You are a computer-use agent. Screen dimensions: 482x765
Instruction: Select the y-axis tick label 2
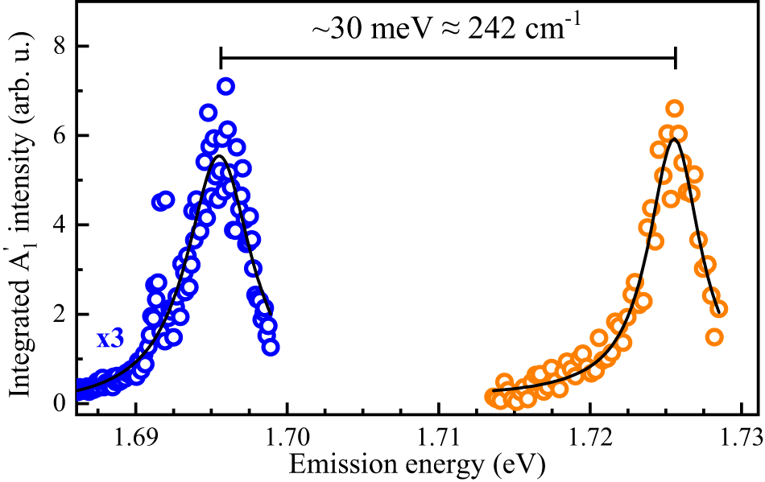[x=59, y=314]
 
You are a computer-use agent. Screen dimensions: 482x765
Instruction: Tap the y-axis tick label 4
[x=59, y=225]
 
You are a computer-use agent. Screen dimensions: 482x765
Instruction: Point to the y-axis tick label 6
[x=59, y=136]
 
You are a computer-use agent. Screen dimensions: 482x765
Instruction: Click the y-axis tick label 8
[x=59, y=47]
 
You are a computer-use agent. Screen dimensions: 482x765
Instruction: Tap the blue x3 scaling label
[x=110, y=339]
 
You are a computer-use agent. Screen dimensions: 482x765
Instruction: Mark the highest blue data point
[x=225, y=86]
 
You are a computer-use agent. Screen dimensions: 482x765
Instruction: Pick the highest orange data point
[x=675, y=109]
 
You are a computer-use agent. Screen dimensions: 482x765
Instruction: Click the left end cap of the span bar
[x=221, y=59]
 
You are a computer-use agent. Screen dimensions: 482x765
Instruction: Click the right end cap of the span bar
[x=675, y=59]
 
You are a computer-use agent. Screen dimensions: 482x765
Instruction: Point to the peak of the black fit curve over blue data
[x=221, y=156]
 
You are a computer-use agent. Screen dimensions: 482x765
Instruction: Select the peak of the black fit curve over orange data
[x=674, y=139]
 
